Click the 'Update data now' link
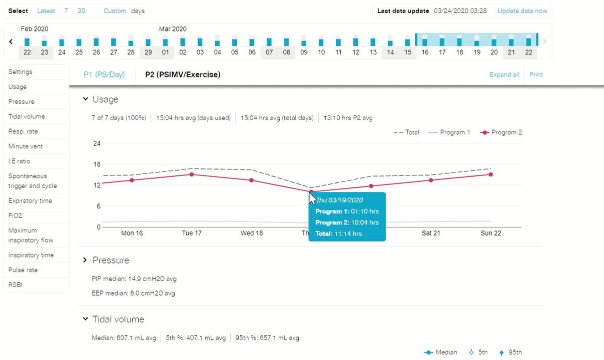tap(522, 11)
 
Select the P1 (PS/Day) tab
tap(104, 74)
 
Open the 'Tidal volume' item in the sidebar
tap(27, 116)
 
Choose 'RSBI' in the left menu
tap(16, 285)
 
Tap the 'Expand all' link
tap(504, 74)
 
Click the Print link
tap(536, 74)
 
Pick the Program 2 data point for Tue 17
tap(192, 174)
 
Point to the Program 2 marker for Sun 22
tap(491, 174)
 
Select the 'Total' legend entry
tap(406, 132)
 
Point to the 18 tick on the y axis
tap(97, 164)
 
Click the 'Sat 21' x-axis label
tap(430, 233)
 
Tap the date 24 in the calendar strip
tap(62, 52)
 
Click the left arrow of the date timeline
tap(11, 42)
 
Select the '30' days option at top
tap(81, 11)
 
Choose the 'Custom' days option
tap(115, 11)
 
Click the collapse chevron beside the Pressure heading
tap(86, 260)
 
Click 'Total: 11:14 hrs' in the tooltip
tap(338, 233)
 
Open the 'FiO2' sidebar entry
tap(15, 215)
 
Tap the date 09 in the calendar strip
tap(304, 52)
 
